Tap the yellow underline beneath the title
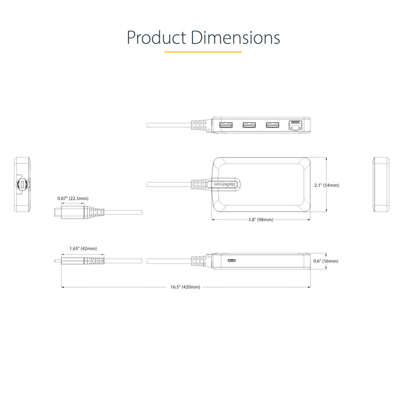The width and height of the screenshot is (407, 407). (x=203, y=52)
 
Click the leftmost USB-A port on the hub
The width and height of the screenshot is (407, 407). (x=226, y=124)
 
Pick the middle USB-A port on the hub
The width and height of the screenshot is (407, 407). (x=249, y=124)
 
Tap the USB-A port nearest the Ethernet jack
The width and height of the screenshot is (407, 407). (x=272, y=124)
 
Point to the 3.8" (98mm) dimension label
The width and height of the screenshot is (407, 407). (x=260, y=220)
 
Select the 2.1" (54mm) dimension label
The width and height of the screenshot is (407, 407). (x=326, y=185)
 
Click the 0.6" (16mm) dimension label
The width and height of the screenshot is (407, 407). (x=325, y=261)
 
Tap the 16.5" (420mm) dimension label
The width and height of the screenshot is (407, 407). (x=185, y=287)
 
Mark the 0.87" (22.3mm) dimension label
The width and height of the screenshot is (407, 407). (x=73, y=198)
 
